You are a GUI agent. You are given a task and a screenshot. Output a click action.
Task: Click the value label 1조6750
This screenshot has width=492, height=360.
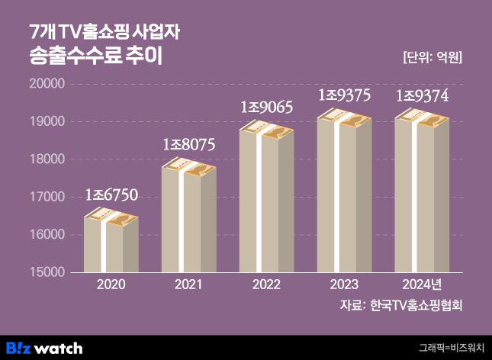click(x=111, y=195)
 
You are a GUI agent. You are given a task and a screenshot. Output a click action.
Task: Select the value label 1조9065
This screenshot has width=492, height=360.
click(x=266, y=108)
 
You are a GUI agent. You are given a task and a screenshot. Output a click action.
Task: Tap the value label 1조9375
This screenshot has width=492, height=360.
click(x=344, y=95)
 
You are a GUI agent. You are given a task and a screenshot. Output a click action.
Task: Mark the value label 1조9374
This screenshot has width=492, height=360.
click(x=422, y=95)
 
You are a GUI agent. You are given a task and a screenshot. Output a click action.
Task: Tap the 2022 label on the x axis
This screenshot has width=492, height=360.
click(x=266, y=285)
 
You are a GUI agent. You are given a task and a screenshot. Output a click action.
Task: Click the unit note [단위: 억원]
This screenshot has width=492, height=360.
click(x=432, y=57)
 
